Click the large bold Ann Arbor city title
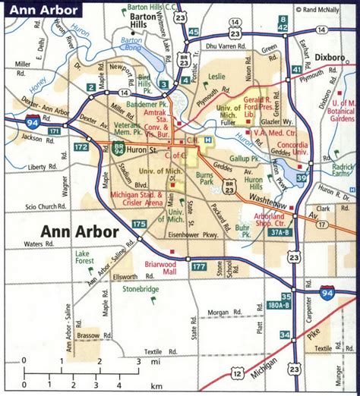tap(80, 231)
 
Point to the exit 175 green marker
tap(139, 224)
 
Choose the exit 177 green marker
tap(199, 266)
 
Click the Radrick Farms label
tap(343, 170)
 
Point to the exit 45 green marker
tap(194, 32)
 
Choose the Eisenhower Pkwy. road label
tap(176, 234)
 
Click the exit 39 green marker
tap(302, 179)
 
